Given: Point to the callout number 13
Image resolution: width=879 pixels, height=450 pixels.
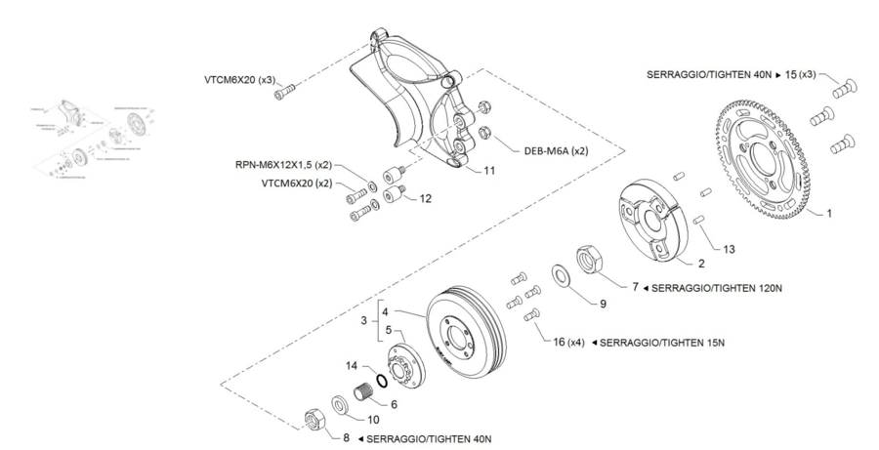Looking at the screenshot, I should pyautogui.click(x=730, y=249).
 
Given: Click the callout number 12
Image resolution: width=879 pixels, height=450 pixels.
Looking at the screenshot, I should pyautogui.click(x=425, y=198).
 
